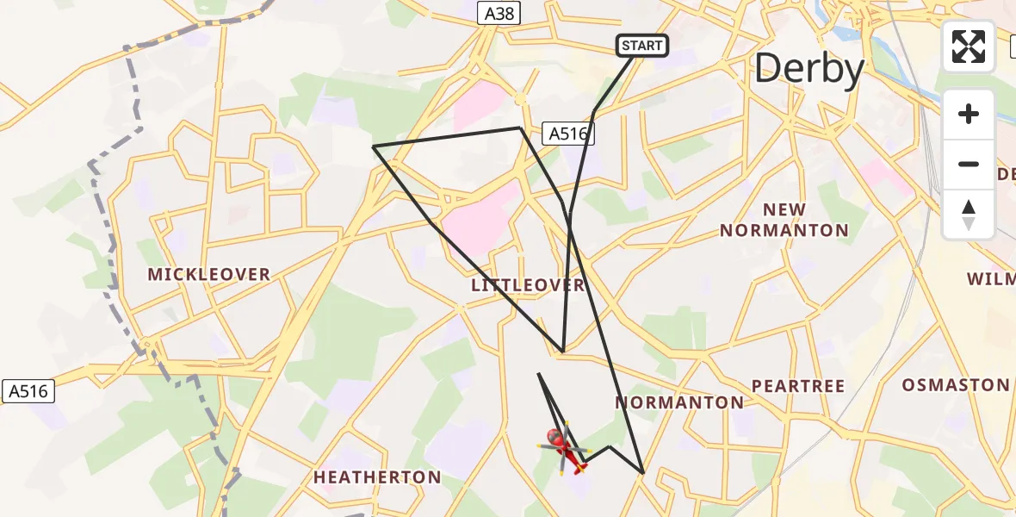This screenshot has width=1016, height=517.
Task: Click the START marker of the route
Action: (x=642, y=46)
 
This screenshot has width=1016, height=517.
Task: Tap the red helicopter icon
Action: (x=565, y=449)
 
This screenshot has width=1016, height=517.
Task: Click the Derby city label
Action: (x=808, y=69)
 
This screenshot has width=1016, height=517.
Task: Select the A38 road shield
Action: (x=499, y=13)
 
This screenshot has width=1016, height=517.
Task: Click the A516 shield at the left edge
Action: (x=28, y=390)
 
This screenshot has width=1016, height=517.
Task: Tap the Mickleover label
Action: (x=209, y=275)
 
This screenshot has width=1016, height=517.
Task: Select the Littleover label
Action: (x=528, y=285)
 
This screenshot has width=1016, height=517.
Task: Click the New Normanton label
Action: (x=784, y=220)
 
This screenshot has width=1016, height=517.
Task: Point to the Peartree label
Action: (x=798, y=386)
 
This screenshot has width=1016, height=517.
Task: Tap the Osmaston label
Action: (x=955, y=385)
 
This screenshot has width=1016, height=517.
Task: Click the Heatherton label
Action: (x=377, y=477)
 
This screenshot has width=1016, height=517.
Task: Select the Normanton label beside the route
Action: (x=680, y=402)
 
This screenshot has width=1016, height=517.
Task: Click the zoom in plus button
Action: (x=969, y=114)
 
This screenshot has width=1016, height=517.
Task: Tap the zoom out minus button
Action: (x=969, y=164)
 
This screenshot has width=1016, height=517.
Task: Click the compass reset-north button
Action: (x=969, y=215)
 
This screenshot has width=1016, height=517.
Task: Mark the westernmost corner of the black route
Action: (x=373, y=146)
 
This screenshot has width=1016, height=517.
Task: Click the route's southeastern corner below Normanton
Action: (x=642, y=473)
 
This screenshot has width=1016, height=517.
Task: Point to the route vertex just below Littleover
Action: (x=562, y=352)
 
